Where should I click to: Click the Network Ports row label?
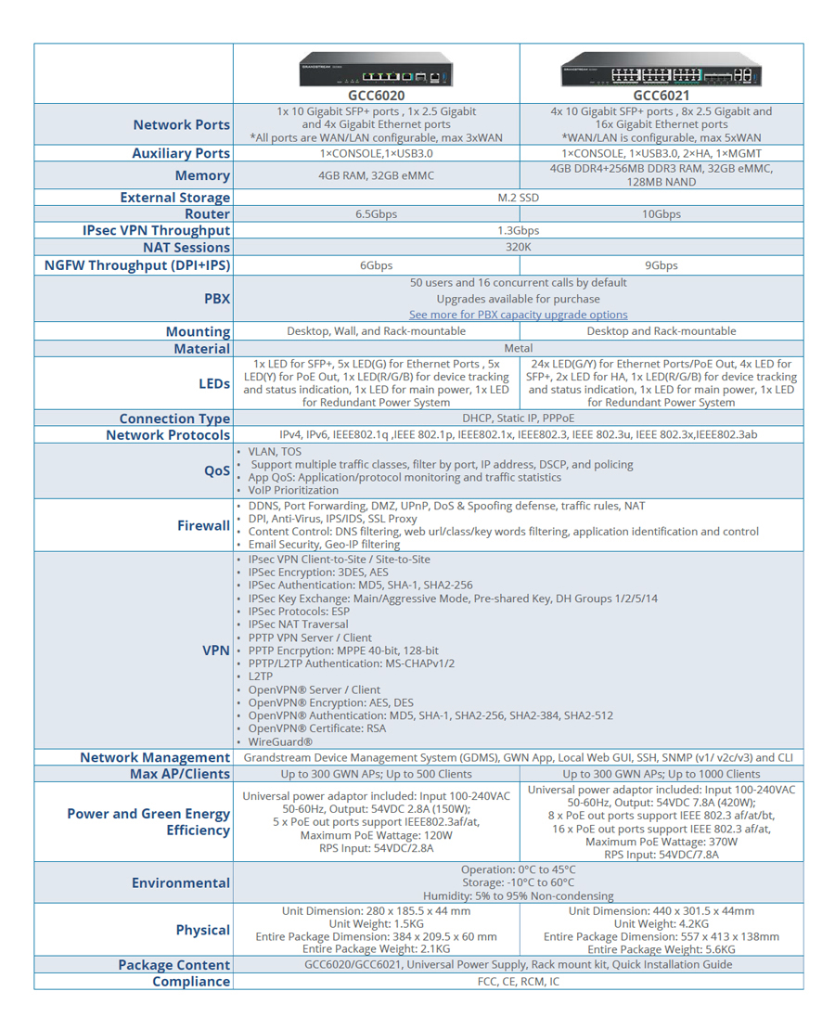pos(181,125)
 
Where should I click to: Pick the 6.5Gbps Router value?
pos(376,213)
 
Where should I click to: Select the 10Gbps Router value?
pos(661,213)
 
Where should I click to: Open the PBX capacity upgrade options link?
pos(518,315)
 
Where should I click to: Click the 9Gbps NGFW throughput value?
pos(661,265)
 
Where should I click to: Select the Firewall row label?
pos(203,525)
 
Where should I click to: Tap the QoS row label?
pos(216,470)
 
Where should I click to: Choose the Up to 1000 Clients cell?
pos(661,774)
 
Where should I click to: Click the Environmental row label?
pos(180,882)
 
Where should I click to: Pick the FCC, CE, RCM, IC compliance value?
pos(518,981)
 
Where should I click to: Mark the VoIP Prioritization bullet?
pos(292,490)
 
